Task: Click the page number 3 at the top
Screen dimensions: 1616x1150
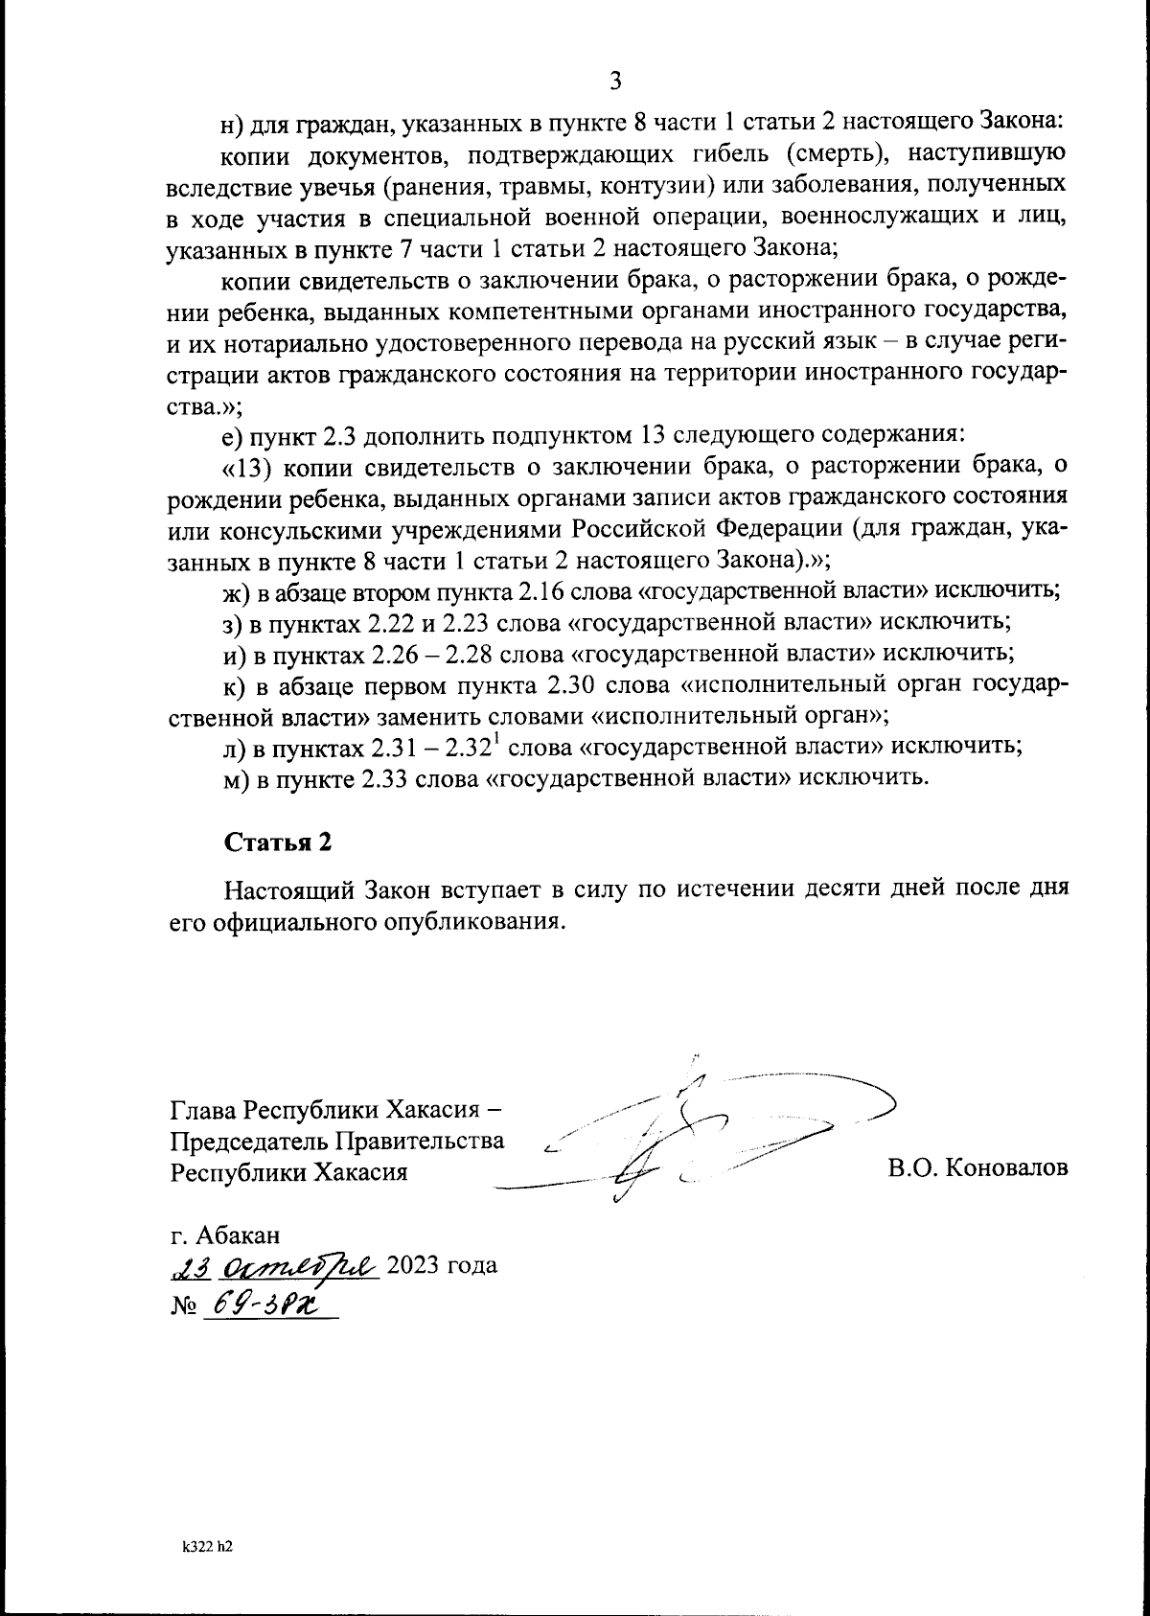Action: [615, 81]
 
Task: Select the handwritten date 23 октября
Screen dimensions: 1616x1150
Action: [276, 1266]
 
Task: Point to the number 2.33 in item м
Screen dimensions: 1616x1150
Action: [389, 778]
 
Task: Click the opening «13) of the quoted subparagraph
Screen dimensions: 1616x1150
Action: [251, 467]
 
